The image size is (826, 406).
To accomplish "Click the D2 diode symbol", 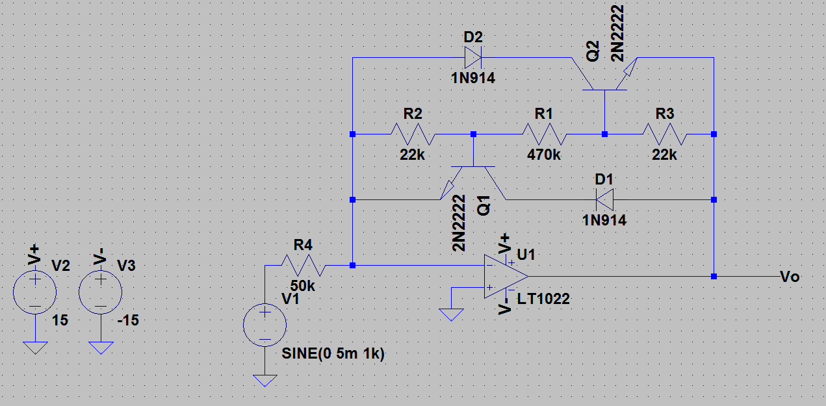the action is [473, 58].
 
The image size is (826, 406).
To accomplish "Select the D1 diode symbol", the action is [605, 199].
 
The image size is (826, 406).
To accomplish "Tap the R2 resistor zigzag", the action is [413, 134].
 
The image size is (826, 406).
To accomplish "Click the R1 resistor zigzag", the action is [544, 134].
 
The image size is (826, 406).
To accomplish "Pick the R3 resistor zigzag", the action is [664, 134].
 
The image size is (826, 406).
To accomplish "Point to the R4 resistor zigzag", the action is [303, 265].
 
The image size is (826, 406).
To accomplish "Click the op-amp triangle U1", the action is [506, 276].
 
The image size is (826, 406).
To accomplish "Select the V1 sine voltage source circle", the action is [265, 325].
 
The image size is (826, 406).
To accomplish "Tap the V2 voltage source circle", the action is [35, 292].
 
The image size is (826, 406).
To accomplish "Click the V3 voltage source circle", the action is [100, 292].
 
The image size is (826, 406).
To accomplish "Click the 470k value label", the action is [544, 155].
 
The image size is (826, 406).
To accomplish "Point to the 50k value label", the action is [303, 286].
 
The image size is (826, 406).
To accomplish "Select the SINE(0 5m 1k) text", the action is [333, 353].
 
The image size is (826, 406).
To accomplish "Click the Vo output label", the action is [790, 277].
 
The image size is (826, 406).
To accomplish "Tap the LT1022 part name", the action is [543, 299].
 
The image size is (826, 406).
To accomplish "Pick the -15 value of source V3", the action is [128, 320].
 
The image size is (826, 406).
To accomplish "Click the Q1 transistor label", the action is [484, 206].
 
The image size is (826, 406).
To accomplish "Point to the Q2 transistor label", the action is [593, 51].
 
